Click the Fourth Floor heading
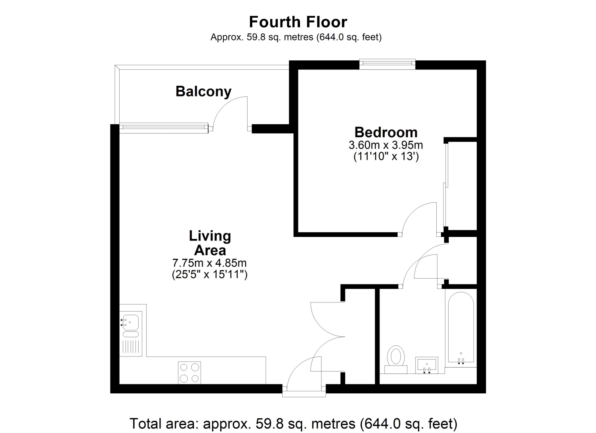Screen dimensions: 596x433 click(x=298, y=22)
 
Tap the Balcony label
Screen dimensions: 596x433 click(x=203, y=92)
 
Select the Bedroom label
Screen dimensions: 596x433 click(x=386, y=132)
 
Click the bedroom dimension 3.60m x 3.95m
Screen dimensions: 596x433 click(x=386, y=145)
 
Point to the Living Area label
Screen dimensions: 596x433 click(x=210, y=243)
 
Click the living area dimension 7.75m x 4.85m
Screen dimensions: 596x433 click(x=210, y=263)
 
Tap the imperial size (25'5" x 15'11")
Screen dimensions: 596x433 click(x=210, y=274)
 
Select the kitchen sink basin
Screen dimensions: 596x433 click(x=131, y=322)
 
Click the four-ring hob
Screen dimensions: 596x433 click(x=190, y=373)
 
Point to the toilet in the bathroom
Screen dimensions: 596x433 click(x=396, y=359)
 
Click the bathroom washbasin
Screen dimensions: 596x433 click(x=427, y=366)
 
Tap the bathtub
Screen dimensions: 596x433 click(x=461, y=327)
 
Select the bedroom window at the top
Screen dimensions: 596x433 click(x=387, y=64)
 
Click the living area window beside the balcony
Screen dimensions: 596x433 click(x=164, y=128)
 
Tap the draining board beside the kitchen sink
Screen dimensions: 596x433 click(x=131, y=347)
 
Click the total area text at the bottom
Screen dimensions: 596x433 click(x=294, y=423)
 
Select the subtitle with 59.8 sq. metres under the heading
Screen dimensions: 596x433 click(x=296, y=37)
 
